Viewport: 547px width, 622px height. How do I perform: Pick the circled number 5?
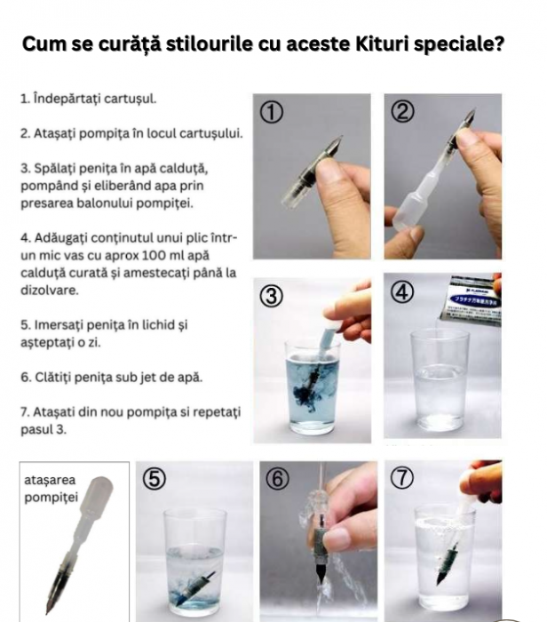coord(155,479)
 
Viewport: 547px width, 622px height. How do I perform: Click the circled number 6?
coord(279,479)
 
